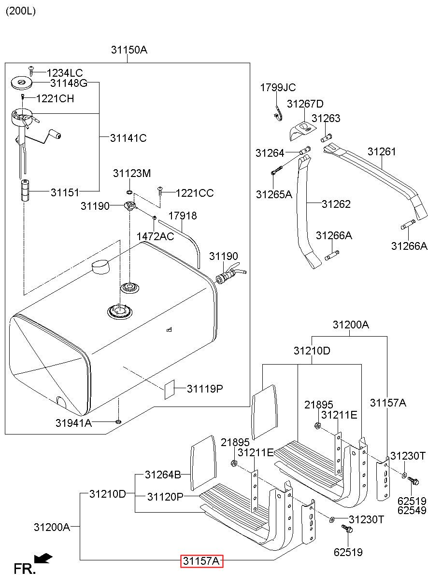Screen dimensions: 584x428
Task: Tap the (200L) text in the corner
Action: coord(21,11)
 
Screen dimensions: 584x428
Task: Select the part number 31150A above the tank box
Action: coord(128,50)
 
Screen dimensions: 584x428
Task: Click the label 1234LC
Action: coord(65,73)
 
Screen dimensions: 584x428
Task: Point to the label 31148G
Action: coord(69,83)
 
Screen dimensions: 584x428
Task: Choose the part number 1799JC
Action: coord(278,87)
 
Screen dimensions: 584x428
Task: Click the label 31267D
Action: coord(305,104)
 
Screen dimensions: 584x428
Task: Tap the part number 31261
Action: coord(381,151)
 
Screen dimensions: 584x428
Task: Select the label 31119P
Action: coord(205,389)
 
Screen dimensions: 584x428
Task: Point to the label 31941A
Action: coord(73,423)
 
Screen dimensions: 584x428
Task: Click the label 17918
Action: coord(183,216)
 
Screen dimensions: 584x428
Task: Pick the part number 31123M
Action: coord(132,173)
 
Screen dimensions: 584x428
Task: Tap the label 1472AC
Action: coord(155,237)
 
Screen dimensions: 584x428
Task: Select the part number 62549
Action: coord(412,510)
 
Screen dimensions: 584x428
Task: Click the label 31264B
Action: coord(163,475)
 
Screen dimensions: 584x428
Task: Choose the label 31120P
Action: coord(165,496)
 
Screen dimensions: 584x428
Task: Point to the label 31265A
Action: coord(274,194)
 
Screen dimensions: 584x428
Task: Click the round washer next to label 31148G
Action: coord(21,83)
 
